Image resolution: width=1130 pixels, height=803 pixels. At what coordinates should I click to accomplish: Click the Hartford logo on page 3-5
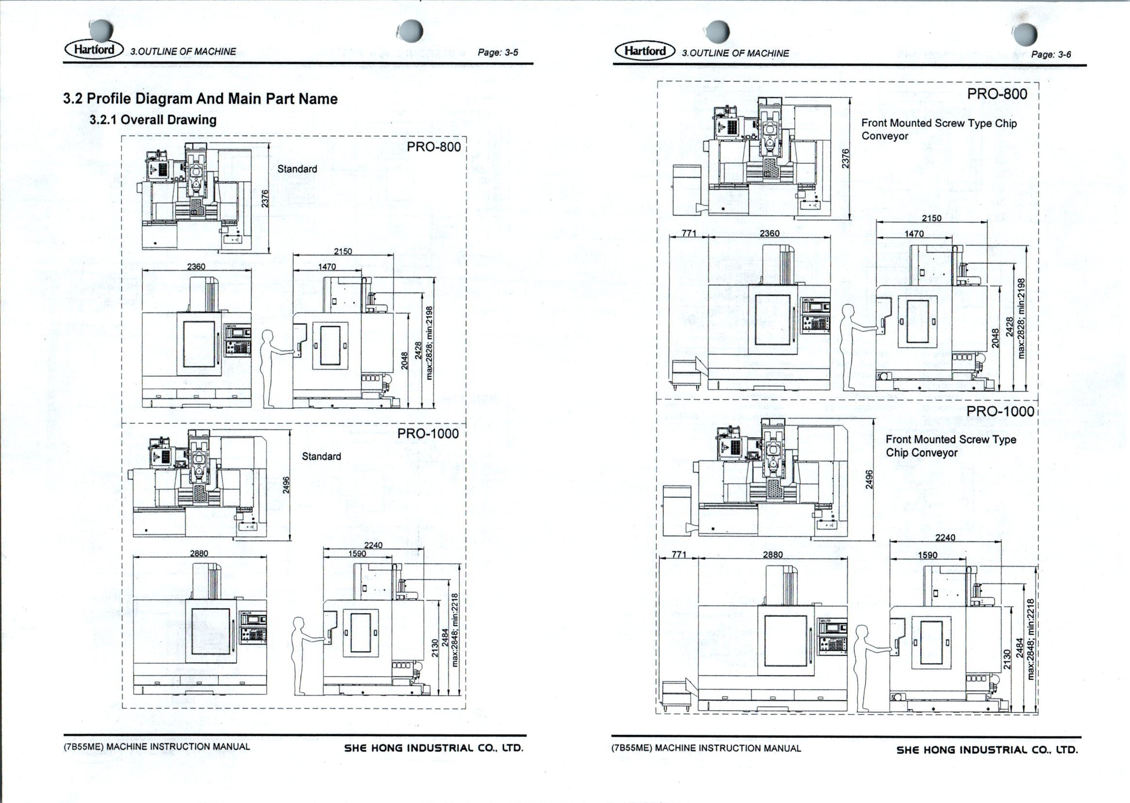[93, 49]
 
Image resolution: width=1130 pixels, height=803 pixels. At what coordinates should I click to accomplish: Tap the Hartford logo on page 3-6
[645, 51]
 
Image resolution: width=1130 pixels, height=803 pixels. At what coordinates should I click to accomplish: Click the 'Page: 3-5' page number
[498, 52]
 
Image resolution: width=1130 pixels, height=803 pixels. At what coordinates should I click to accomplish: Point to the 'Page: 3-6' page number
[1051, 55]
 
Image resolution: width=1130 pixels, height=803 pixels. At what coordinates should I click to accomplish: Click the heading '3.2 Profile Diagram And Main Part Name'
[200, 99]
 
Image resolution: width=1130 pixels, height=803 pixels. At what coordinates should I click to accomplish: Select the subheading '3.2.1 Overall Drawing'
[153, 120]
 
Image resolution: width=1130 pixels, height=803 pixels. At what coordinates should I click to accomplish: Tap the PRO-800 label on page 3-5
[433, 147]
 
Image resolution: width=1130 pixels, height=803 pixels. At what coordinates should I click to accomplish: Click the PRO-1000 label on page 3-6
[1000, 412]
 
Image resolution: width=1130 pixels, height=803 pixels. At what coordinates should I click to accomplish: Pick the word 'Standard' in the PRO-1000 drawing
[321, 456]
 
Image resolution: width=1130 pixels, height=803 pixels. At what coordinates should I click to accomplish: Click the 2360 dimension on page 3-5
[196, 267]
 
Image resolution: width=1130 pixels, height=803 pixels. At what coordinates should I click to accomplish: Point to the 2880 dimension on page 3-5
[199, 553]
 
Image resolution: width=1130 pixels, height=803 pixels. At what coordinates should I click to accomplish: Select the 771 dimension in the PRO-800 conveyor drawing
[689, 233]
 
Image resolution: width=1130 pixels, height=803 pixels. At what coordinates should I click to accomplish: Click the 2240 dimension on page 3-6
[945, 538]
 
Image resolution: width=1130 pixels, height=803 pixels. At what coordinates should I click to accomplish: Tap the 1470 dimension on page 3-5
[327, 267]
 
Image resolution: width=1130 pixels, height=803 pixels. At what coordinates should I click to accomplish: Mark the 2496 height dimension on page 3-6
[869, 479]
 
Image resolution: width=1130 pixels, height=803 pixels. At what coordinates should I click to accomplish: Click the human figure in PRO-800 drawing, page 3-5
[270, 369]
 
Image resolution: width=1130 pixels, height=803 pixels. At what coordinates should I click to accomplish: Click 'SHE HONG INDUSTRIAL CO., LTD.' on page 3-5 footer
[434, 748]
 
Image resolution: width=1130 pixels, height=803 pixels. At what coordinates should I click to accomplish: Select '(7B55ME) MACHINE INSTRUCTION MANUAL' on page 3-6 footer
[706, 748]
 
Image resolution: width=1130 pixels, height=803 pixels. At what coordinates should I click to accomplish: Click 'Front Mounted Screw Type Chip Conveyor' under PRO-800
[938, 129]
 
